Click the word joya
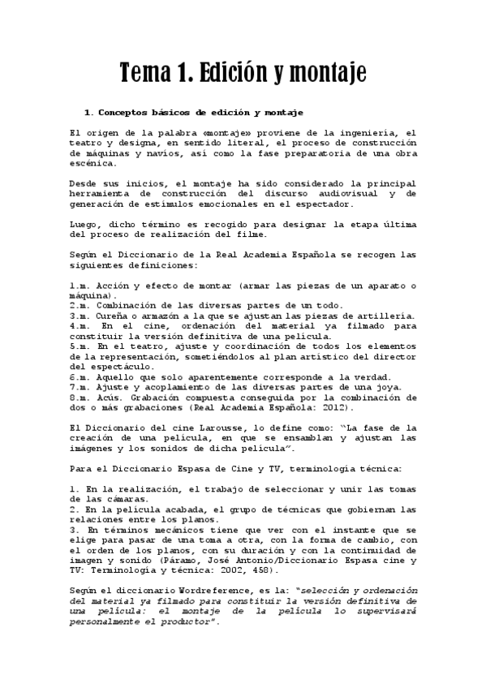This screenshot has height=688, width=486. [x=364, y=387]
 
